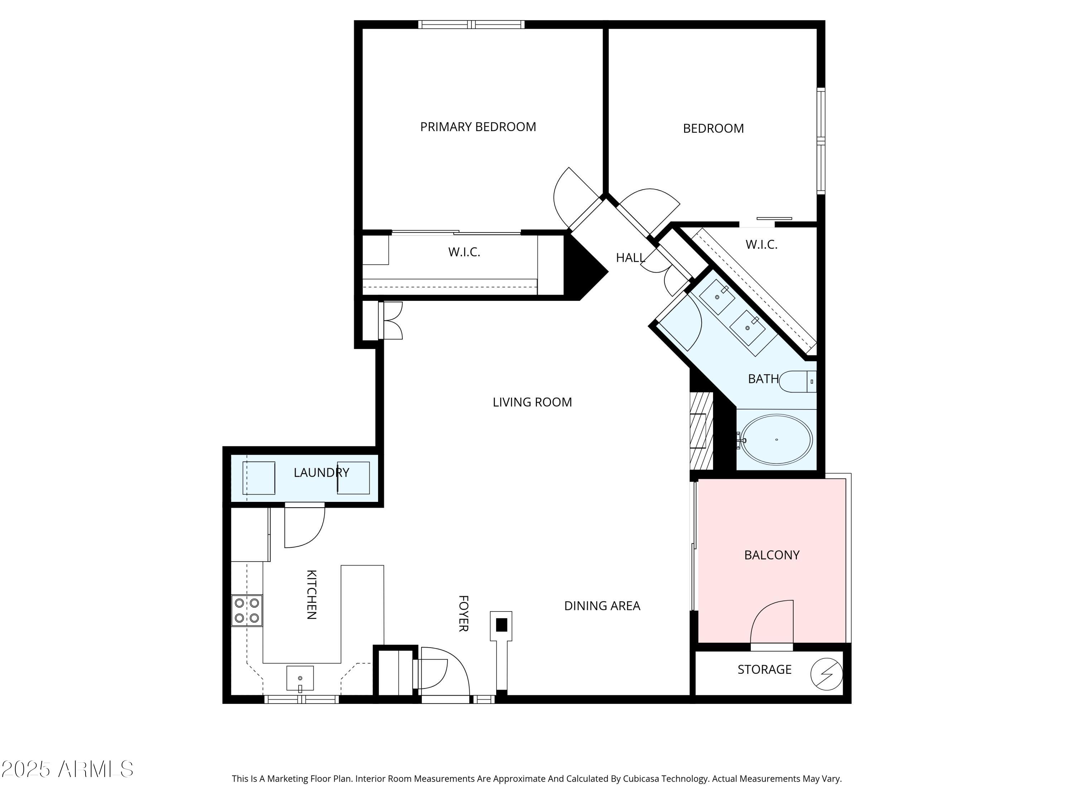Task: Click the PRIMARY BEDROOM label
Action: [x=478, y=127]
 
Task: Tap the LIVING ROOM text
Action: [x=532, y=402]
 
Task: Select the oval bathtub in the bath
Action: [x=777, y=439]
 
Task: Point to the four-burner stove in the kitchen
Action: [x=247, y=611]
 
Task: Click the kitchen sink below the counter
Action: [x=300, y=678]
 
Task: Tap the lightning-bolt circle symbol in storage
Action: [x=826, y=674]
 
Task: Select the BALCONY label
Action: [x=771, y=555]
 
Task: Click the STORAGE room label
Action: [x=764, y=670]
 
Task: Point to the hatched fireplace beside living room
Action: [x=701, y=431]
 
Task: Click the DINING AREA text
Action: [x=602, y=606]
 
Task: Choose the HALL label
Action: [x=630, y=258]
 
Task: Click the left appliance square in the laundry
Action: [x=259, y=478]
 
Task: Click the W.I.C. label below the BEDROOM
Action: [x=761, y=245]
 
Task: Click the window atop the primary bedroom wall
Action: [x=471, y=24]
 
